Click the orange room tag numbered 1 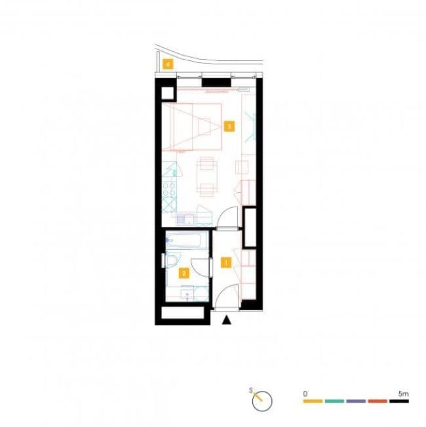click(x=226, y=263)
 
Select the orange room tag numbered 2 click(x=184, y=273)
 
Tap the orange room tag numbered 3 click(x=228, y=125)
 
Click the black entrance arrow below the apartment click(x=227, y=320)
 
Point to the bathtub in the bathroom click(x=186, y=241)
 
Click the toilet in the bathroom click(x=172, y=262)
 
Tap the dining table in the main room click(x=207, y=177)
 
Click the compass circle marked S click(x=262, y=400)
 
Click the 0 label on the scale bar click(x=305, y=392)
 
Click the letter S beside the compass click(x=251, y=391)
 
